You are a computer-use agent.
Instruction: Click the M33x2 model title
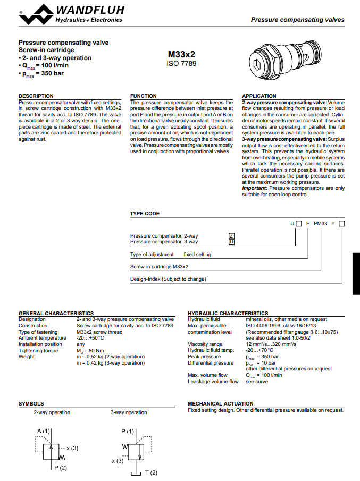coord(181,54)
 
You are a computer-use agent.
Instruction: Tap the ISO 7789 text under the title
coord(181,64)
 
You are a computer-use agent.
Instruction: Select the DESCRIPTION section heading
coord(36,96)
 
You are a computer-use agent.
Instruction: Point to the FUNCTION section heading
coord(144,96)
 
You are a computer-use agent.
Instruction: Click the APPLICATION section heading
coord(259,96)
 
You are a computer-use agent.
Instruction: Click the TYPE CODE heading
coord(145,214)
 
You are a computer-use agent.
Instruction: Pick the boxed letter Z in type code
coord(231,235)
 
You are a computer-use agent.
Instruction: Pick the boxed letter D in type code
coord(231,242)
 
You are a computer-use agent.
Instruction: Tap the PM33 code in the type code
coord(321,224)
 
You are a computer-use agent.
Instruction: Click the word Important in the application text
coord(254,188)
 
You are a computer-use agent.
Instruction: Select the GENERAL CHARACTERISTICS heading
coord(56,313)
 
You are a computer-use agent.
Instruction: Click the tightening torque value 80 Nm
coord(90,351)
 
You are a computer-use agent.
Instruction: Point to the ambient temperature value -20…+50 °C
coord(90,338)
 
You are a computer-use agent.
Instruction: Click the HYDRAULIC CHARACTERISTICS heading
coord(228,313)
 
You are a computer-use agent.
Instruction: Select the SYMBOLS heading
coord(31,404)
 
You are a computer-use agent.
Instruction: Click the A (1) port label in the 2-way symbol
coord(44,431)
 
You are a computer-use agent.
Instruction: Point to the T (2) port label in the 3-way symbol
coord(152,472)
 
